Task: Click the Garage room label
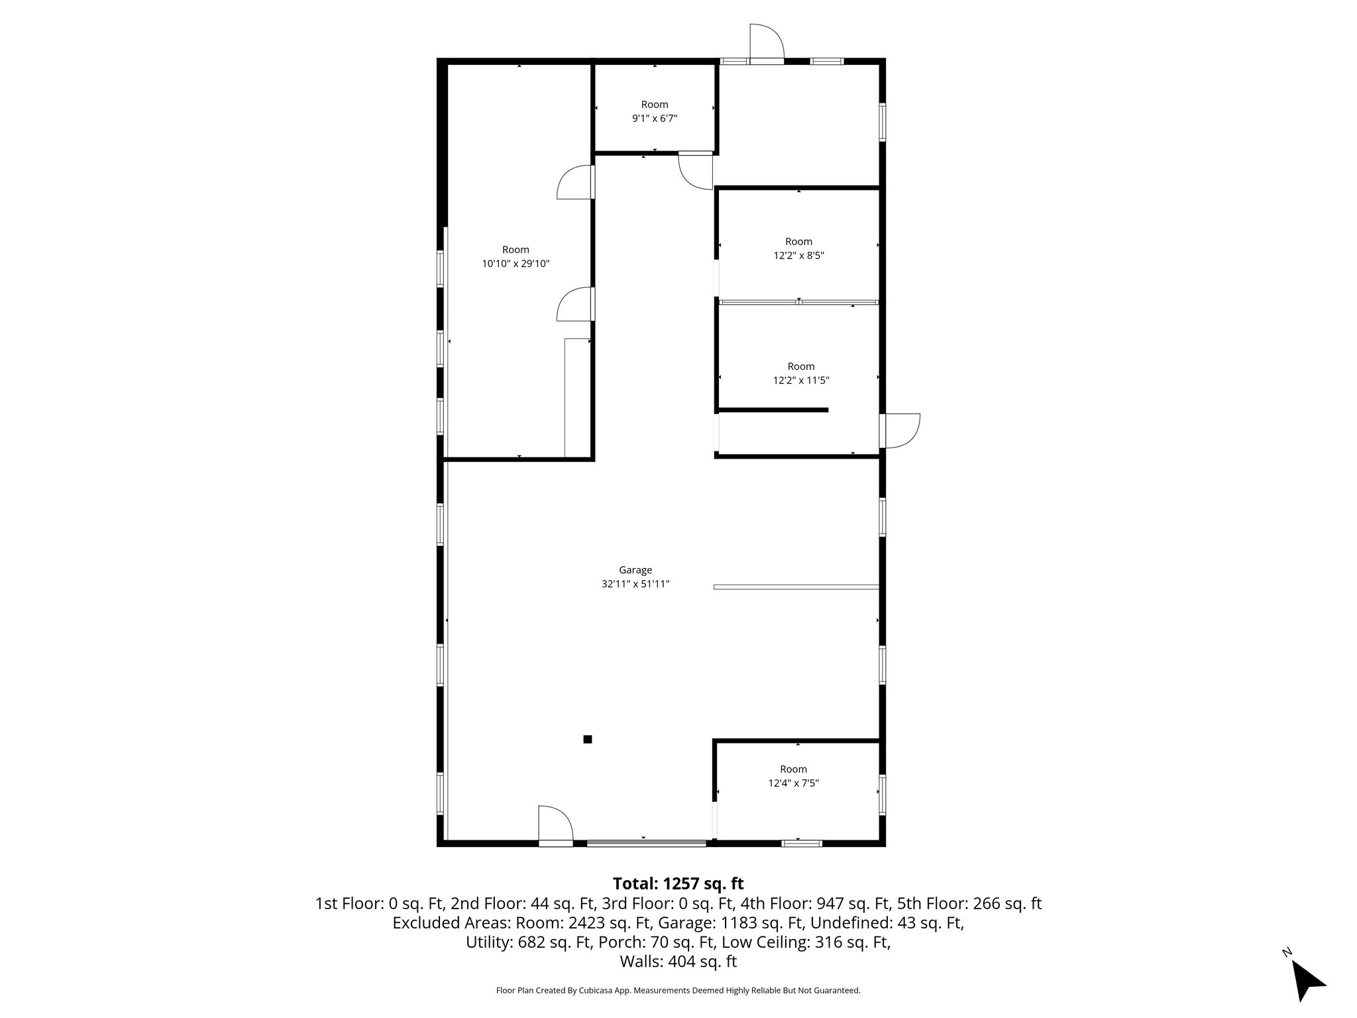coord(635,570)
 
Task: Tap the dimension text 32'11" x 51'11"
coord(635,585)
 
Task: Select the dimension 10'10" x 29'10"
coord(515,264)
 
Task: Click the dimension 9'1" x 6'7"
coord(654,119)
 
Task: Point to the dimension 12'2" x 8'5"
coord(798,256)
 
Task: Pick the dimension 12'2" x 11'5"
coord(800,380)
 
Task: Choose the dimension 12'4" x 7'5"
coord(793,783)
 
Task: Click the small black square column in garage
coord(587,739)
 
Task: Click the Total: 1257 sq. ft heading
coord(678,883)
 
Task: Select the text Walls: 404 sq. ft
coord(678,962)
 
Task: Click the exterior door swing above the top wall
coord(767,42)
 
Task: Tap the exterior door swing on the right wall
coord(902,431)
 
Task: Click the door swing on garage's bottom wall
coord(555,824)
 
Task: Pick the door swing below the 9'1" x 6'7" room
coord(695,172)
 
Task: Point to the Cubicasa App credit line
coord(678,991)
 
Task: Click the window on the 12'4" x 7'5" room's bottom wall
coord(801,843)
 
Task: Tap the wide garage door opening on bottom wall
coord(646,843)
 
